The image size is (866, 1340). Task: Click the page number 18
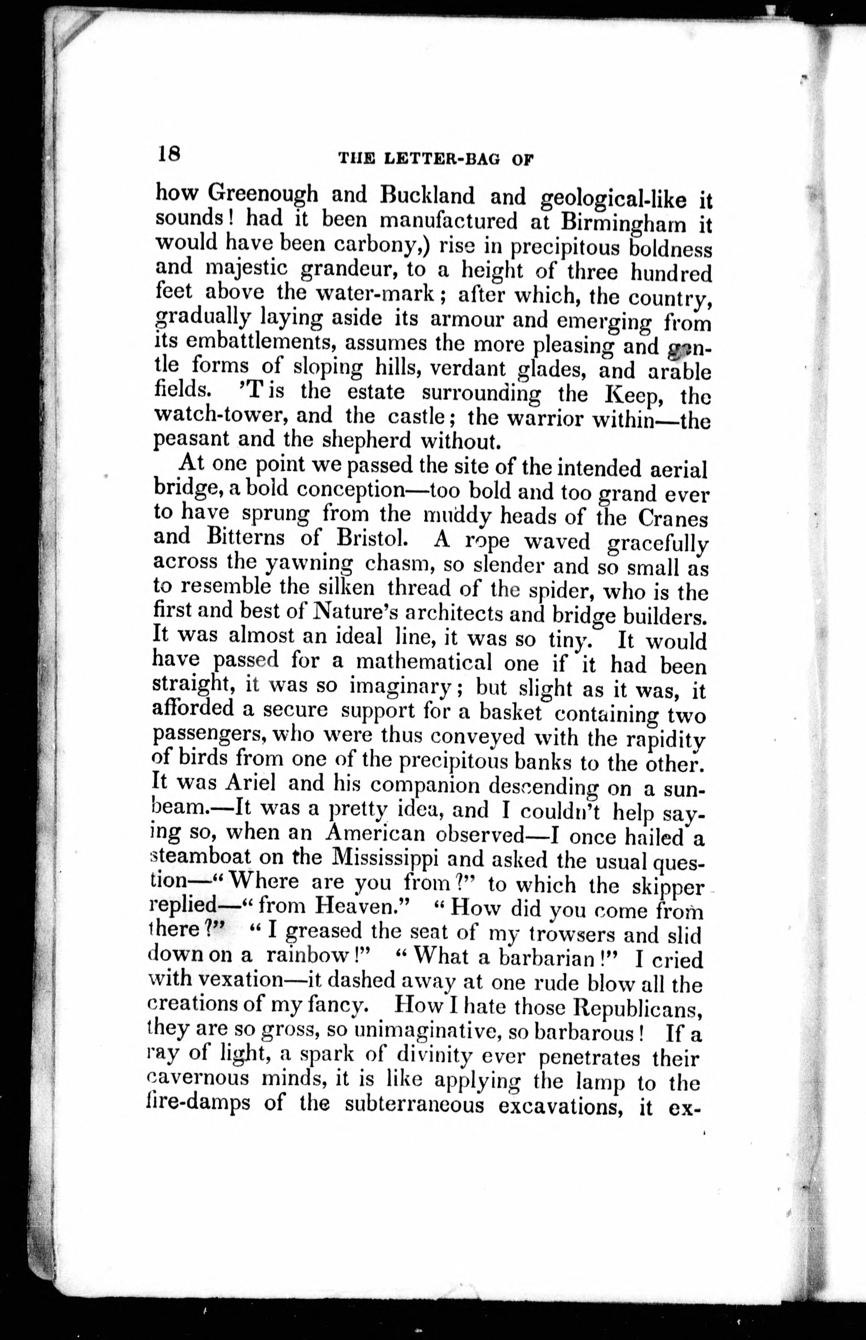pyautogui.click(x=168, y=153)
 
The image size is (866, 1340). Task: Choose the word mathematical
pyautogui.click(x=424, y=662)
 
